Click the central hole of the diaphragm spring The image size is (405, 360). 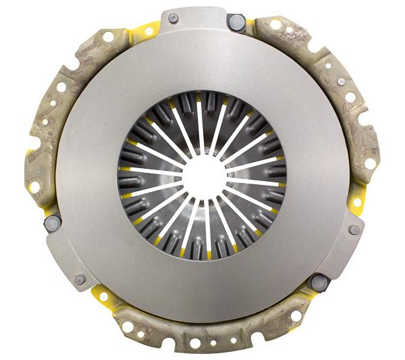(202, 175)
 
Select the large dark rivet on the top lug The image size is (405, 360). (236, 22)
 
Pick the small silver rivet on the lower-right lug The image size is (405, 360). (354, 230)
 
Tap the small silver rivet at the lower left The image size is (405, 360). (80, 278)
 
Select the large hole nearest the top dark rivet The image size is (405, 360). (276, 25)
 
